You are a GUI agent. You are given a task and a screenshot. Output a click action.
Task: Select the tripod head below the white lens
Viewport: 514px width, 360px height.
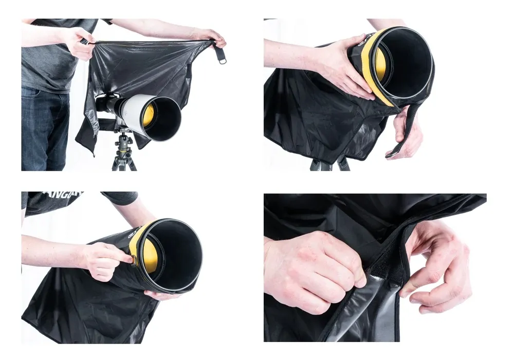(x=124, y=142)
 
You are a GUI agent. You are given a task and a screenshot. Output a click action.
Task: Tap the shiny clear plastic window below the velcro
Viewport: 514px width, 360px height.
(x=360, y=314)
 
